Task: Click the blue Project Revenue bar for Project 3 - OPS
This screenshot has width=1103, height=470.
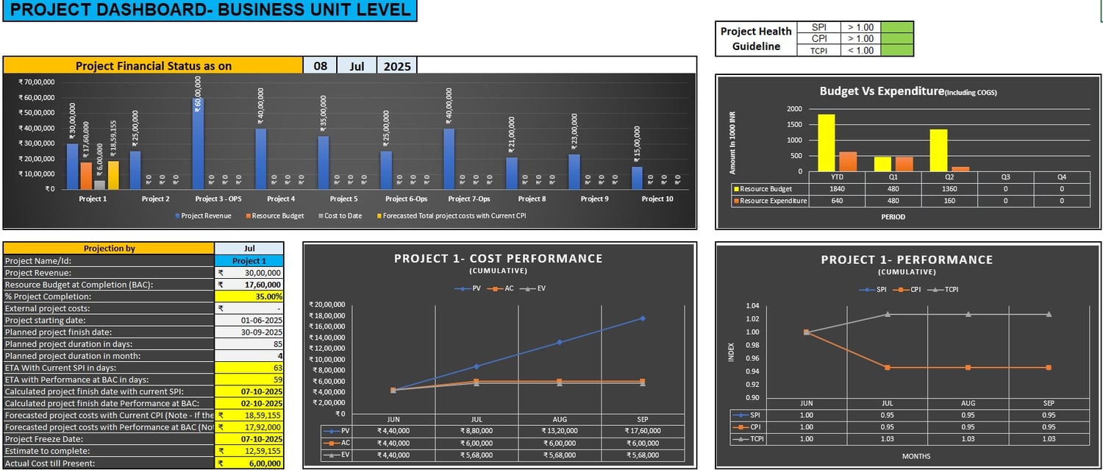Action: pyautogui.click(x=198, y=143)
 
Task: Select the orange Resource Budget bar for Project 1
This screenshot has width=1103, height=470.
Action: pyautogui.click(x=85, y=175)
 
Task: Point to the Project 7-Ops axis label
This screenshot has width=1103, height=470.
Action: pyautogui.click(x=468, y=199)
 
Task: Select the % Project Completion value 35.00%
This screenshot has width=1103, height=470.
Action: pyautogui.click(x=249, y=296)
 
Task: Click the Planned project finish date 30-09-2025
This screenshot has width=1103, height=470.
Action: pyautogui.click(x=249, y=332)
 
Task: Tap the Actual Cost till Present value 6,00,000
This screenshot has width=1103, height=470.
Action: pyautogui.click(x=249, y=463)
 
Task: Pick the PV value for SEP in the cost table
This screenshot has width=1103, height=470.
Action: pyautogui.click(x=642, y=431)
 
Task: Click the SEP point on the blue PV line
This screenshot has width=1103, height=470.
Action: pyautogui.click(x=642, y=318)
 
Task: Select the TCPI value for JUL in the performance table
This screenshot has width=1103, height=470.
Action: pyautogui.click(x=887, y=438)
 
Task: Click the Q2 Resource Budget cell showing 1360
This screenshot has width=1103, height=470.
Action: pyautogui.click(x=938, y=189)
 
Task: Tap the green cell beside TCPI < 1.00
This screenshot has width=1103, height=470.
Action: pyautogui.click(x=896, y=50)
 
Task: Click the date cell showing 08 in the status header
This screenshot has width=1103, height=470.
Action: pyautogui.click(x=320, y=65)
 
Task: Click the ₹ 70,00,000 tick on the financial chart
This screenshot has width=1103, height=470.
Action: pyautogui.click(x=36, y=82)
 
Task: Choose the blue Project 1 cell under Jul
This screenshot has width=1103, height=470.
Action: pyautogui.click(x=249, y=261)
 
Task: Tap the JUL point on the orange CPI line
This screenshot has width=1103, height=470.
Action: pyautogui.click(x=887, y=367)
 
